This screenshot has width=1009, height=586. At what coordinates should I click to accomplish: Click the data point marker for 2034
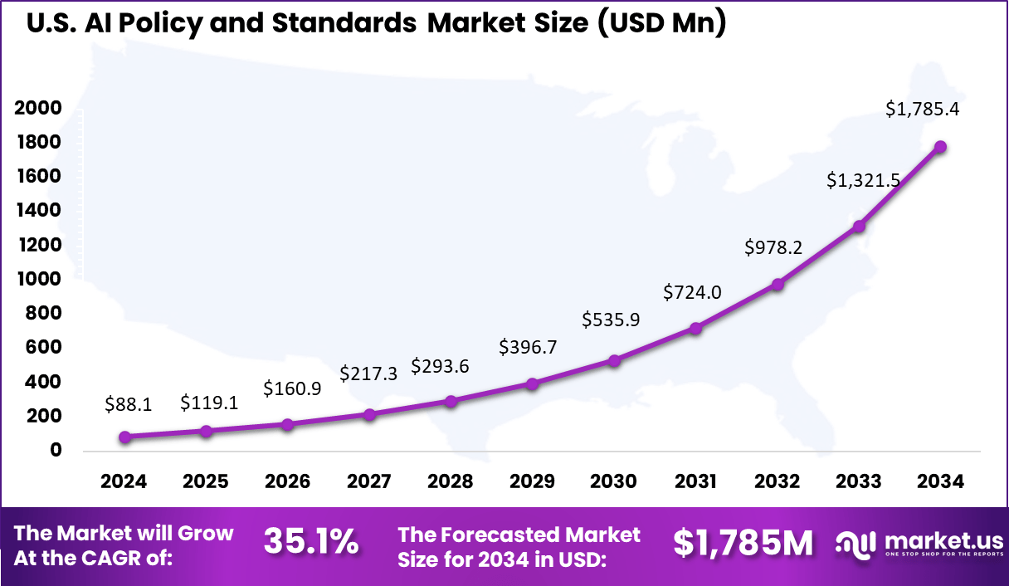[x=940, y=147]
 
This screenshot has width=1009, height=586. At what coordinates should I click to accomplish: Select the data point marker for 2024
[x=124, y=437]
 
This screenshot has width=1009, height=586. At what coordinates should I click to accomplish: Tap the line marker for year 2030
[x=614, y=360]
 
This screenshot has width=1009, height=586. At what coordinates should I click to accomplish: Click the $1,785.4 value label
[x=922, y=108]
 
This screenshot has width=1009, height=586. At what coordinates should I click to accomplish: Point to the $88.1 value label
[x=127, y=403]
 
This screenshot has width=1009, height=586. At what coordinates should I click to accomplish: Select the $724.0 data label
[x=692, y=292]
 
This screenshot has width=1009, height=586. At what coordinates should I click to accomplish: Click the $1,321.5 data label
[x=863, y=180]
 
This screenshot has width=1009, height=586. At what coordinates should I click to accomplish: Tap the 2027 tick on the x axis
[x=368, y=481]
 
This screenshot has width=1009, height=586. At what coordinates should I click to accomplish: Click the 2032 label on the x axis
[x=777, y=481]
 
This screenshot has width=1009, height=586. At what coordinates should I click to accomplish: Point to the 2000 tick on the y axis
[x=37, y=108]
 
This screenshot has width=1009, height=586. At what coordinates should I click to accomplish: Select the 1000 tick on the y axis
[x=37, y=279]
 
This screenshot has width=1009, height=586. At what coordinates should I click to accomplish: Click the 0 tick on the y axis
[x=56, y=450]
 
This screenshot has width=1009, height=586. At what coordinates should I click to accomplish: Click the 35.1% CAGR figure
[x=311, y=543]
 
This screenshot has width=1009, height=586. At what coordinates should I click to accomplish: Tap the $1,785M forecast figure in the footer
[x=742, y=543]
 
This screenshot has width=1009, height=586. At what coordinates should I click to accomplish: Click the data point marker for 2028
[x=451, y=401]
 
